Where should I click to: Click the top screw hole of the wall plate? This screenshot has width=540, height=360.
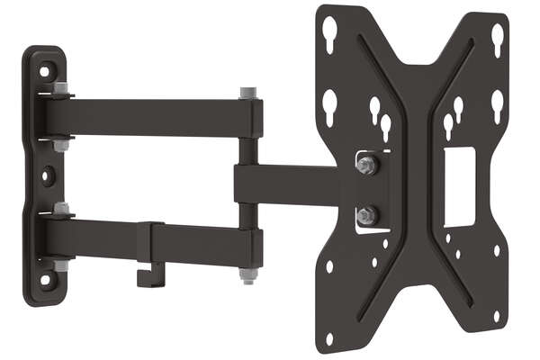(45, 69)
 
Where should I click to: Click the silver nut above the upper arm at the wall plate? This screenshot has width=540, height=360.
(60, 89)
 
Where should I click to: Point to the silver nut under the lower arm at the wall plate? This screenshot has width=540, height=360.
(62, 266)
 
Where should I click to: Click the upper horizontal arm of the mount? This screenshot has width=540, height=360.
(153, 117)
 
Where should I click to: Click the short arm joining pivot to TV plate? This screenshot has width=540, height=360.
(288, 184)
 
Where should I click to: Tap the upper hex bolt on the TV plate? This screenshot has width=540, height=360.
(365, 166)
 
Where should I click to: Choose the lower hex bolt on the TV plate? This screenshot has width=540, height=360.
(365, 215)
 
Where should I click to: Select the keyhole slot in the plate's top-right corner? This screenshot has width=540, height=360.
(497, 38)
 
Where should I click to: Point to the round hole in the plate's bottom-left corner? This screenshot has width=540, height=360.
(328, 337)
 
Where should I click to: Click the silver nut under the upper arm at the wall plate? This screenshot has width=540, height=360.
(61, 144)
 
